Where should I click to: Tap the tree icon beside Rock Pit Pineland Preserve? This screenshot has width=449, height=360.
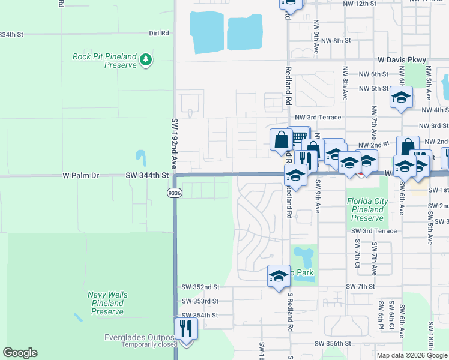click(146, 60)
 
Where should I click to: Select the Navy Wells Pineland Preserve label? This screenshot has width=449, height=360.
click(107, 303)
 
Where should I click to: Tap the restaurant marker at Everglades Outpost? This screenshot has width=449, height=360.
click(186, 329)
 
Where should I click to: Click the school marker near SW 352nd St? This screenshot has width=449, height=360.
click(278, 277)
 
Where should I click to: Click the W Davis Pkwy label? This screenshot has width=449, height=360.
click(402, 60)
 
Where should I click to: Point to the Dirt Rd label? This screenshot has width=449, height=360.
click(159, 34)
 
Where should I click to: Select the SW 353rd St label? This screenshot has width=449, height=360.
click(200, 301)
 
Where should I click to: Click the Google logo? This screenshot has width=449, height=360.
click(20, 353)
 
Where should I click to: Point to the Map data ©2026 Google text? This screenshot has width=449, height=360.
click(411, 355)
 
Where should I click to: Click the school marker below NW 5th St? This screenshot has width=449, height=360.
click(400, 97)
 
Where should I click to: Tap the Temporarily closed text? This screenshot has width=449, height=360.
click(149, 344)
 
